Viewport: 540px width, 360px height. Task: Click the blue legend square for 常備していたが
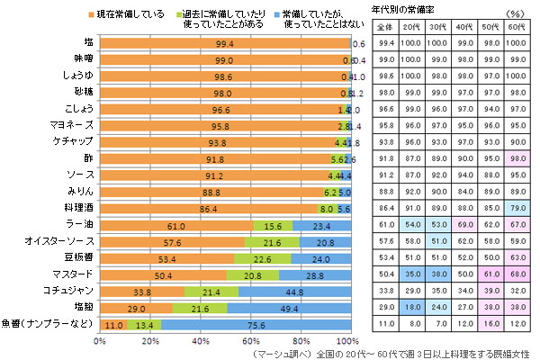274,14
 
